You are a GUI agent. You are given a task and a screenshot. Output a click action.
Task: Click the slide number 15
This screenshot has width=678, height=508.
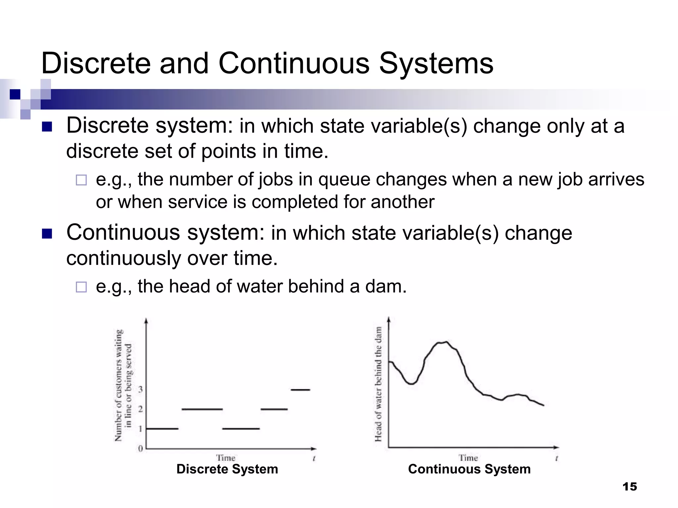click(629, 487)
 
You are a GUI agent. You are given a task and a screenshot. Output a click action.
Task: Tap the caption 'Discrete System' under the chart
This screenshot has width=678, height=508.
click(227, 469)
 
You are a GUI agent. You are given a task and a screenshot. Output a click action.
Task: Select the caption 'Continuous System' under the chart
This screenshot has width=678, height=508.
click(469, 469)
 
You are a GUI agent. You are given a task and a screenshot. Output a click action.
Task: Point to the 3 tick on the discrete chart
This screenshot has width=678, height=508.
click(141, 389)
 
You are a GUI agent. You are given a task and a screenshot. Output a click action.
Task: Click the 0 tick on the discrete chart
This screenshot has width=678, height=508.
click(141, 448)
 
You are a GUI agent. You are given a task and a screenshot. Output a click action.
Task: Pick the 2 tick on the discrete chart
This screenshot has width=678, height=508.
click(141, 409)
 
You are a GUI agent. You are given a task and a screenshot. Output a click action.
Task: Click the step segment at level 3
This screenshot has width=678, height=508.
click(300, 390)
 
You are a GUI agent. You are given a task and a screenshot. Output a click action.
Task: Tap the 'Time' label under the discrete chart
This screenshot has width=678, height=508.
click(226, 458)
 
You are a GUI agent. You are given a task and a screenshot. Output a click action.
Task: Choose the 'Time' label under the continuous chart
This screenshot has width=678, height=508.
click(468, 458)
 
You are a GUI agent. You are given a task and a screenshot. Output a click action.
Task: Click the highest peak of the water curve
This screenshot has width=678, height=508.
click(444, 342)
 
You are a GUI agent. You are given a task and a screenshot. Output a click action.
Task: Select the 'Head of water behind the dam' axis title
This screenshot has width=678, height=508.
click(378, 384)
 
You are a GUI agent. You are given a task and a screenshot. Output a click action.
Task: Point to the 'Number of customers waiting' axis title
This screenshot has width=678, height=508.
click(119, 385)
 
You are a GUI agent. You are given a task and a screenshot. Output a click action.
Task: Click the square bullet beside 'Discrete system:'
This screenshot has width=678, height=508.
click(47, 127)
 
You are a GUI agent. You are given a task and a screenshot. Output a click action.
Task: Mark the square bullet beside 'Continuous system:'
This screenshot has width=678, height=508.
click(47, 234)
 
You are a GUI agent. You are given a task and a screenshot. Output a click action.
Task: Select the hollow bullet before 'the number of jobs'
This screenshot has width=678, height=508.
click(81, 180)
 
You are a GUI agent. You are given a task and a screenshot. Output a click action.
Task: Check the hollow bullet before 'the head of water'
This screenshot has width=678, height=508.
click(81, 287)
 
